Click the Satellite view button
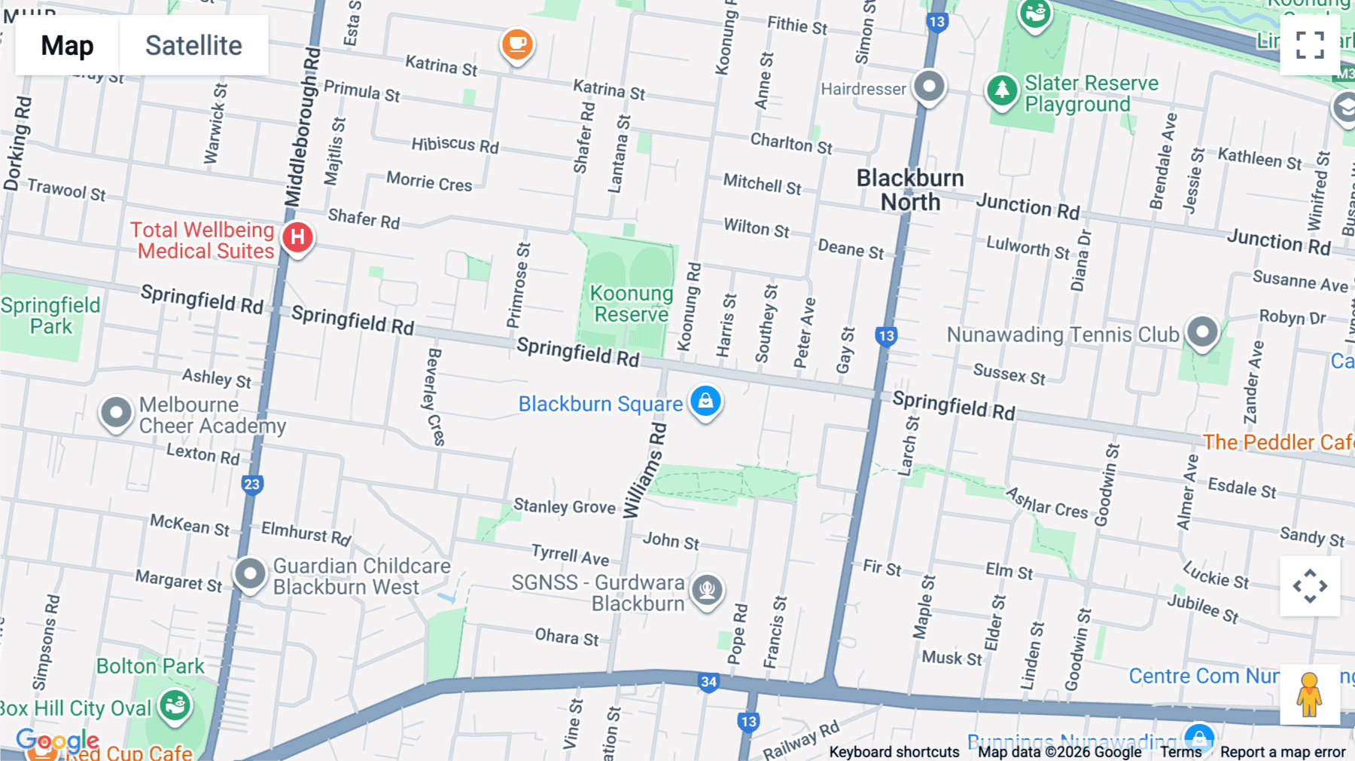coord(193,45)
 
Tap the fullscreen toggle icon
coord(1310,45)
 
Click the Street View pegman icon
coord(1309,694)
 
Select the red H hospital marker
coord(297,237)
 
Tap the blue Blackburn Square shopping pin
coord(705,401)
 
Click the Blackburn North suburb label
coord(910,190)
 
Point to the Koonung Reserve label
coord(631,304)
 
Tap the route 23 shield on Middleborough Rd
coord(252,484)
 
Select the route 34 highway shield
coord(708,682)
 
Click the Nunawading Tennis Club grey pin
coord(1202,332)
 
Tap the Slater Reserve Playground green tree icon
coord(1002,91)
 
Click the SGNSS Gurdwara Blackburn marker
coord(707,589)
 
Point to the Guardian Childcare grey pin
coord(250,574)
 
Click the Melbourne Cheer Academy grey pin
coord(116,412)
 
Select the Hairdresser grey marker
coord(929,86)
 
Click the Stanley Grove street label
coord(564,506)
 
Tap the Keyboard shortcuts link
coord(894,752)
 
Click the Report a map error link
coord(1282,752)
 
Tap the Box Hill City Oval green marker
coord(175,706)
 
